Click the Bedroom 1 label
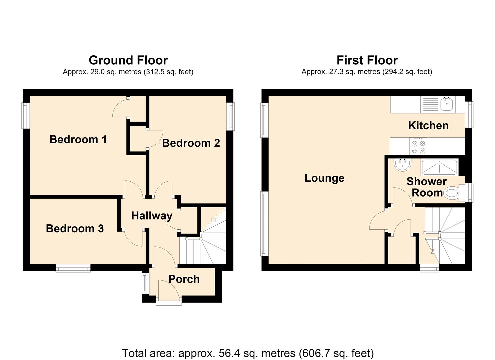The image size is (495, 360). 78,139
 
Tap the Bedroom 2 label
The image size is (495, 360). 191,143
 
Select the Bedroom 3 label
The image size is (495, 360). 75,229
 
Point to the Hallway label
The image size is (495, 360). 152,216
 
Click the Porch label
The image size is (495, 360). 184,279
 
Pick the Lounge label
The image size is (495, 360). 324,178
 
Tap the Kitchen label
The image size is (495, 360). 428,126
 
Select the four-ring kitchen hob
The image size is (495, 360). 418,146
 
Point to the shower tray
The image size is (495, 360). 440,168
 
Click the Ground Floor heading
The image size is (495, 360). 128,60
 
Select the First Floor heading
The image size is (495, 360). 367,60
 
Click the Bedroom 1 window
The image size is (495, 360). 25,115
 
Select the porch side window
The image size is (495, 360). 145,283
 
